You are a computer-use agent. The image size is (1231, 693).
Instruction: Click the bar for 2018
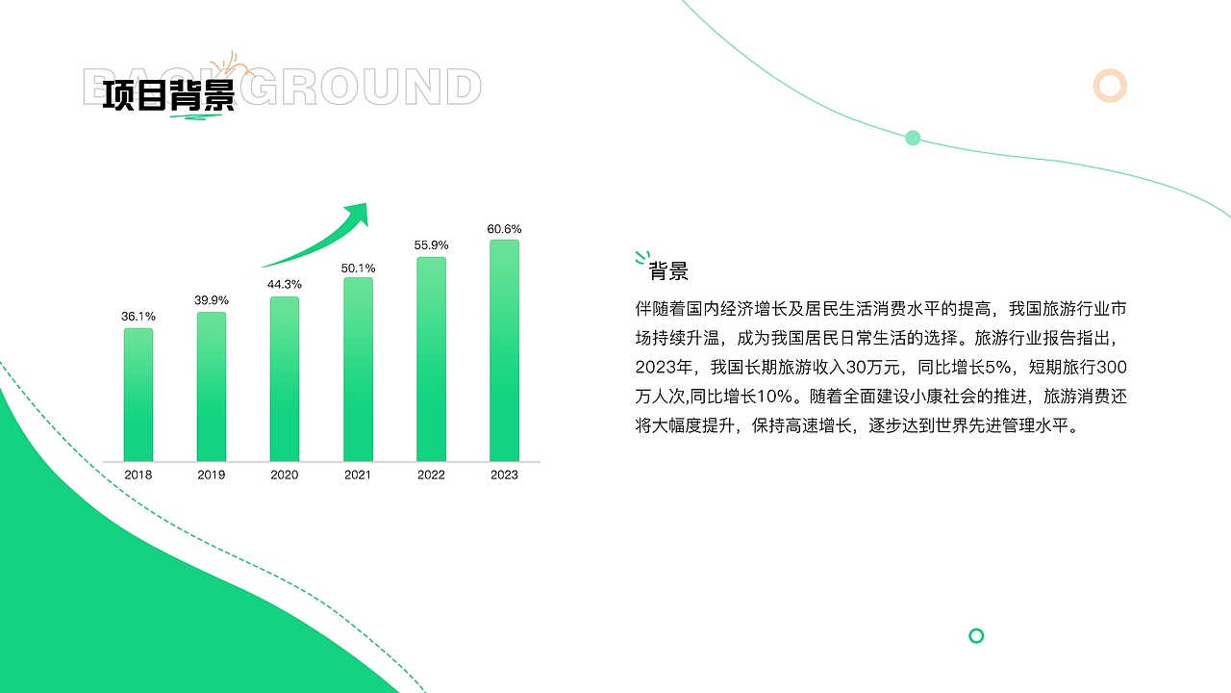[138, 395]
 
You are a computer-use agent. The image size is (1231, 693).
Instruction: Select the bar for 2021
[358, 370]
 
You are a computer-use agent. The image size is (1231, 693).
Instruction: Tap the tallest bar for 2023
[504, 350]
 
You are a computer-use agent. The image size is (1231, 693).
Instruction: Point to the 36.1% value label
[138, 316]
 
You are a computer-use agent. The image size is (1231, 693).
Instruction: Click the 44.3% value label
[285, 284]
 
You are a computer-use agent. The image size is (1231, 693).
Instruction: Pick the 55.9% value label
[431, 244]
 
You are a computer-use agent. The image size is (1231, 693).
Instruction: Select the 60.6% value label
[504, 229]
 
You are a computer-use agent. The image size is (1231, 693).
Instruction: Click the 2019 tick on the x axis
[212, 475]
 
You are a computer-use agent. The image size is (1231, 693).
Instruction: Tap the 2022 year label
[431, 475]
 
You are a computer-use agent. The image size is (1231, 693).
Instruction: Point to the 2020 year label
[285, 475]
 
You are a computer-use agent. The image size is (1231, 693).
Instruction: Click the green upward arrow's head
[358, 214]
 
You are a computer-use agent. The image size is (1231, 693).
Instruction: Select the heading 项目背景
[168, 96]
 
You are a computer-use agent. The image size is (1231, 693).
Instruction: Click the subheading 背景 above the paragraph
[668, 271]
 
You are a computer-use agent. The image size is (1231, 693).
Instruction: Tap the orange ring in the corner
[1110, 86]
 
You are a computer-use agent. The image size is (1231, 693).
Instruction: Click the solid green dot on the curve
[913, 138]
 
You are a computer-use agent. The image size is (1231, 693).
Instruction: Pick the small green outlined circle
[976, 635]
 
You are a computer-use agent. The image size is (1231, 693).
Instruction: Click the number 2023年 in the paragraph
[665, 367]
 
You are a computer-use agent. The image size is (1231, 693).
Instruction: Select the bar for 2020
[285, 379]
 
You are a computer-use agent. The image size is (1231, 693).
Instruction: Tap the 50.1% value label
[358, 268]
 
